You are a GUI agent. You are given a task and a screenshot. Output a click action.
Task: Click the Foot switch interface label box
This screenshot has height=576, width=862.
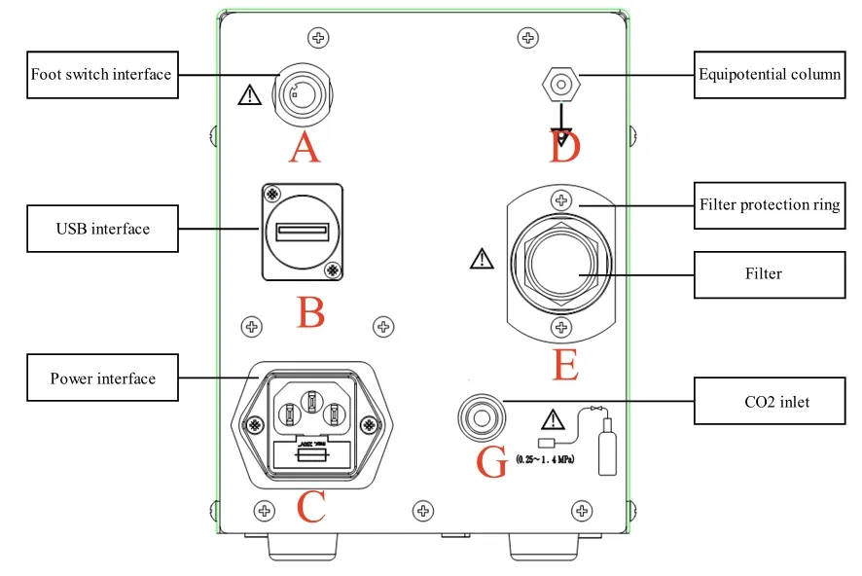pyautogui.click(x=101, y=75)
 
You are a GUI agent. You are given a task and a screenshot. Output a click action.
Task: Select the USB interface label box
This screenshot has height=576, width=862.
pyautogui.click(x=102, y=229)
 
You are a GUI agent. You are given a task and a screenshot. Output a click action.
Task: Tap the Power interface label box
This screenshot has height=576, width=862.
pyautogui.click(x=102, y=378)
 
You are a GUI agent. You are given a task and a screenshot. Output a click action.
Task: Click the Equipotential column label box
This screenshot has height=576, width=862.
pyautogui.click(x=769, y=74)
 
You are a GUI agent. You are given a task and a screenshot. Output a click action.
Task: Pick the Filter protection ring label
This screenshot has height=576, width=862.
pyautogui.click(x=769, y=205)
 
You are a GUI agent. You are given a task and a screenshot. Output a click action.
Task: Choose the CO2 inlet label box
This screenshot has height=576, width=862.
pyautogui.click(x=769, y=401)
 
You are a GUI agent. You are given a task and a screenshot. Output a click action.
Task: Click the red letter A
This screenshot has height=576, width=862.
pyautogui.click(x=304, y=149)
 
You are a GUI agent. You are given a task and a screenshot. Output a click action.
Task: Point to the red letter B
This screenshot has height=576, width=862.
pyautogui.click(x=310, y=312)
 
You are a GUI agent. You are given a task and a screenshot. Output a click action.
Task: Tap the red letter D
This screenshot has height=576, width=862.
pyautogui.click(x=564, y=149)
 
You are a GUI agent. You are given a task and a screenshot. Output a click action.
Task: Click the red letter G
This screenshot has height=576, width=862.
pyautogui.click(x=493, y=463)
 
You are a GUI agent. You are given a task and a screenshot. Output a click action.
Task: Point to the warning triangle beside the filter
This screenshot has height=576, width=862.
pyautogui.click(x=481, y=259)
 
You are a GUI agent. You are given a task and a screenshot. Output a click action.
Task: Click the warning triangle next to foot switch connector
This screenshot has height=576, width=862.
pyautogui.click(x=250, y=94)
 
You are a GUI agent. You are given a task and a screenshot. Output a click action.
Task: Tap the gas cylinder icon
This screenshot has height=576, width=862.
pyautogui.click(x=607, y=446)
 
